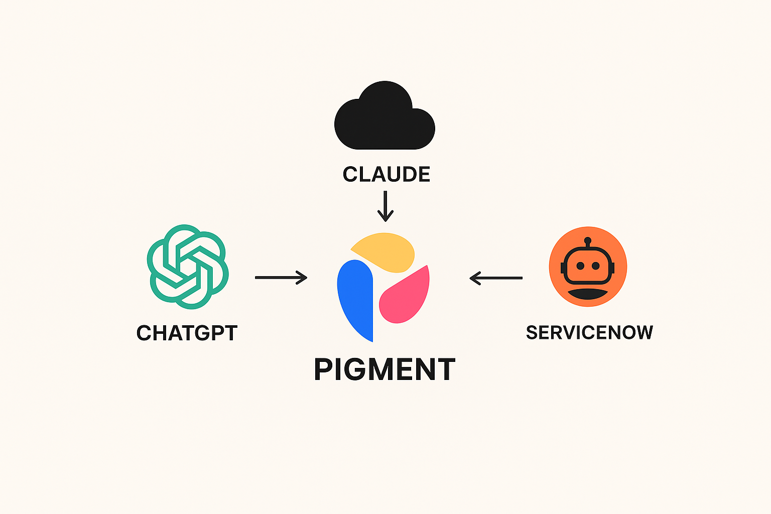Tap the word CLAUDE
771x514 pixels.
click(386, 174)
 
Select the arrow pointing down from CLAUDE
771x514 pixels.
click(385, 206)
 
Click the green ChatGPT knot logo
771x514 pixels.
click(187, 266)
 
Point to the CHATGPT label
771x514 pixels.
click(187, 333)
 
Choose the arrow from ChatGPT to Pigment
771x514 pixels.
click(281, 277)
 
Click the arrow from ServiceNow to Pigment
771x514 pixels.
click(496, 278)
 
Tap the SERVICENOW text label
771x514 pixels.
click(589, 332)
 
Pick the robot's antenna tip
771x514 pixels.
click(588, 241)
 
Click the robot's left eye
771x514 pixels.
click(580, 266)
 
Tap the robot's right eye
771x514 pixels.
click(596, 266)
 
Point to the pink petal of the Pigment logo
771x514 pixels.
click(406, 299)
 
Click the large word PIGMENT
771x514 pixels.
click(384, 369)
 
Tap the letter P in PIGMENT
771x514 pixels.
click(324, 369)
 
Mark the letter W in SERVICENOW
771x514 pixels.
click(642, 332)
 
